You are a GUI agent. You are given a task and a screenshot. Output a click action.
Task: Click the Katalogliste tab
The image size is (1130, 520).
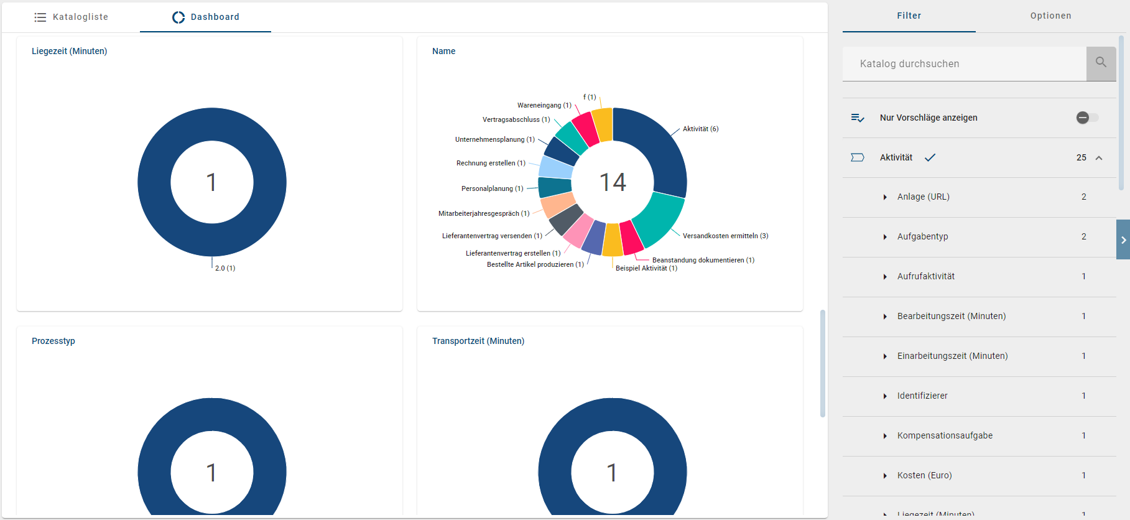click(x=72, y=17)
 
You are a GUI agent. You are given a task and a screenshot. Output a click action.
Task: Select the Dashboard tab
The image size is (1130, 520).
click(x=206, y=17)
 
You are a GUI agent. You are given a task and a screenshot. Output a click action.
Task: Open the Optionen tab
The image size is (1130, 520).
click(x=1050, y=16)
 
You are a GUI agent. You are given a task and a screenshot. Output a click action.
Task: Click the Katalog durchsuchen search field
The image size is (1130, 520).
click(x=964, y=63)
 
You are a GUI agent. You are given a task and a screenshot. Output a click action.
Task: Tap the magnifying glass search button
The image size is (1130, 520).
click(x=1101, y=63)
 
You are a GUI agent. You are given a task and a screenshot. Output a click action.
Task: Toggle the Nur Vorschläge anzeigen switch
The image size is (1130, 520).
click(x=1087, y=118)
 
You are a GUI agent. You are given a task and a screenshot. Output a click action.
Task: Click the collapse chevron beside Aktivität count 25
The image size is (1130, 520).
click(x=1099, y=158)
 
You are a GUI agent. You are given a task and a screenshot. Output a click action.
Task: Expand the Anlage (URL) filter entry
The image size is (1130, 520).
click(x=923, y=197)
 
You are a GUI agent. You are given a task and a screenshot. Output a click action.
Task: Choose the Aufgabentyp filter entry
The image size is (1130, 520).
click(x=922, y=236)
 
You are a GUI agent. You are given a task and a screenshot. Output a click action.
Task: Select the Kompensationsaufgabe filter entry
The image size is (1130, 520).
click(x=945, y=435)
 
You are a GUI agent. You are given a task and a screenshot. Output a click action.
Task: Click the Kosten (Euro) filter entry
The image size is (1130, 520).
click(x=924, y=475)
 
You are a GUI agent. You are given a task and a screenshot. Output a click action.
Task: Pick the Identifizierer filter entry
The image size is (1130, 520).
click(x=922, y=396)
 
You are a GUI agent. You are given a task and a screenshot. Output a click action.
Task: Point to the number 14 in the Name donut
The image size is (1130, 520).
click(x=613, y=182)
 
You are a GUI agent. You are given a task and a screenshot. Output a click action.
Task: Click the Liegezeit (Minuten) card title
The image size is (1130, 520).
click(x=69, y=51)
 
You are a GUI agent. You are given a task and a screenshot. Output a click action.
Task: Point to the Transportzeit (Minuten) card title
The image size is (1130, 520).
click(x=478, y=341)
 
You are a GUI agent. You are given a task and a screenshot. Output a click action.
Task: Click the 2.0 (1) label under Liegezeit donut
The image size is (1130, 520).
click(x=225, y=268)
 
